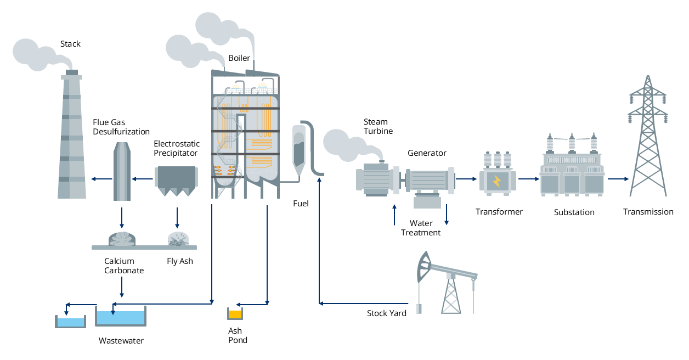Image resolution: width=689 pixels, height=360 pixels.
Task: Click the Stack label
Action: (70, 44)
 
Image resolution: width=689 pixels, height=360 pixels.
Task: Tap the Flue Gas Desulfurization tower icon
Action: (122, 171)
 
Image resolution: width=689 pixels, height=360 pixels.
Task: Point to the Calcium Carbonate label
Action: (124, 266)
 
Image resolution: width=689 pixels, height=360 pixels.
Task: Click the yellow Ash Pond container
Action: (235, 314)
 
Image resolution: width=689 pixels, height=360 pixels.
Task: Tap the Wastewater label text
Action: (121, 341)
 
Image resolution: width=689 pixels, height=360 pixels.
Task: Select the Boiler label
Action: (239, 58)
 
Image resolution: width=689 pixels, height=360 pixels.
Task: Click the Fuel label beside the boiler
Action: (301, 204)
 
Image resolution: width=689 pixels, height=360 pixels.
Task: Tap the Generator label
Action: (427, 153)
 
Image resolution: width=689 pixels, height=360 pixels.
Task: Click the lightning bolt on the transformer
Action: (497, 181)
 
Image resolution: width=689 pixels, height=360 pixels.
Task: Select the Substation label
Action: (574, 212)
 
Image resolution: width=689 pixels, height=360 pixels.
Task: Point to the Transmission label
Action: (648, 212)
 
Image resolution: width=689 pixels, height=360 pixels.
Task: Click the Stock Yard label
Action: (387, 313)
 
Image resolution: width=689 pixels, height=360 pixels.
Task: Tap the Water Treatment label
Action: (421, 228)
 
